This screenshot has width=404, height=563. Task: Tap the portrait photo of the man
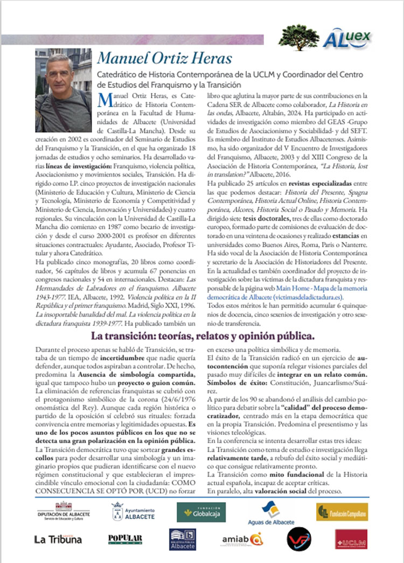[x=62, y=90]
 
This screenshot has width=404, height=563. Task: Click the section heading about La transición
[x=203, y=336]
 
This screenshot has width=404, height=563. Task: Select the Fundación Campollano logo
[x=342, y=511]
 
